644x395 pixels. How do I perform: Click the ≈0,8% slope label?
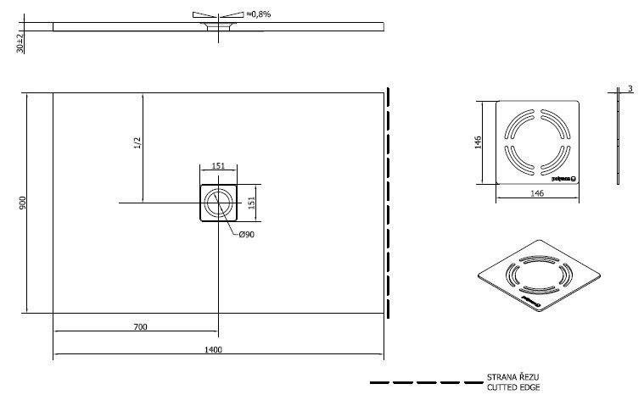(x=258, y=14)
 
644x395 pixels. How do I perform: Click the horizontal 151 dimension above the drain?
(x=217, y=167)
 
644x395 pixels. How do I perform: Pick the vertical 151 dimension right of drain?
(x=251, y=203)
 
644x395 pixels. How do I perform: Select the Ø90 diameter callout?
(x=247, y=234)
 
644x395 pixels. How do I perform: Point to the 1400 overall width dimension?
(x=213, y=349)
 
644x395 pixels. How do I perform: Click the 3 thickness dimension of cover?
(x=630, y=89)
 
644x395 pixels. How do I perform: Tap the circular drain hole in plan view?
(x=218, y=203)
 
